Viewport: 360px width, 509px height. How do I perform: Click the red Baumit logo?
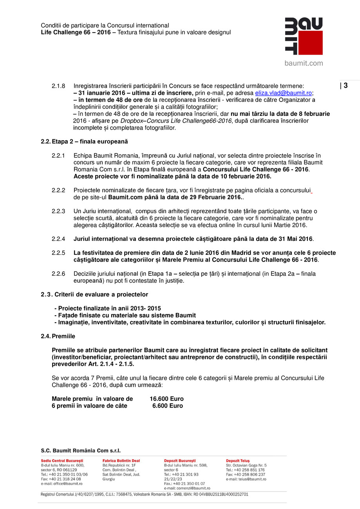(x=304, y=36)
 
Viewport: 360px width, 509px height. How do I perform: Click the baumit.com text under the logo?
(x=304, y=63)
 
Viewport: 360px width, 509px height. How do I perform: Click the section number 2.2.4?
(x=58, y=239)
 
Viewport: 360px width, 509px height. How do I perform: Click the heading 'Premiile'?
(x=63, y=336)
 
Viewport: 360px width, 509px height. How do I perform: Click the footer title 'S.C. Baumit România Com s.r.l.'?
(x=81, y=451)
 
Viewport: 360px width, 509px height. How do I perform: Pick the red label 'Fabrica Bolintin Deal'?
(x=121, y=461)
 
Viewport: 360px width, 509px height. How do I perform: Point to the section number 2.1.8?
(x=58, y=86)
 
